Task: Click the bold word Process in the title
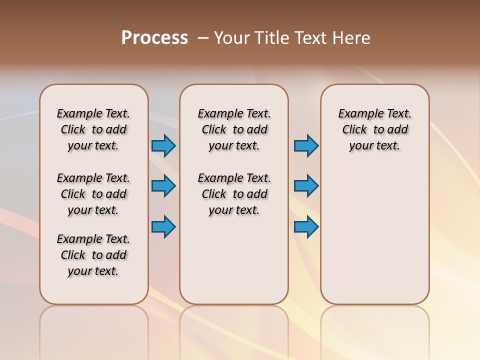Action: pyautogui.click(x=154, y=38)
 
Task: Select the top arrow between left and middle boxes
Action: pyautogui.click(x=164, y=146)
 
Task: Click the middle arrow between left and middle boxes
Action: pyautogui.click(x=164, y=186)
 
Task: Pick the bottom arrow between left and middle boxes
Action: pyautogui.click(x=164, y=227)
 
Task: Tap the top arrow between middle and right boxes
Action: pyautogui.click(x=306, y=146)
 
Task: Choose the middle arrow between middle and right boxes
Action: pyautogui.click(x=306, y=186)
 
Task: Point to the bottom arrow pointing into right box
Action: pyautogui.click(x=306, y=227)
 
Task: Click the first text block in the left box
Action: pyautogui.click(x=93, y=129)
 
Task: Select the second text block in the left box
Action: pyautogui.click(x=93, y=194)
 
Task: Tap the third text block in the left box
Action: pyautogui.click(x=93, y=255)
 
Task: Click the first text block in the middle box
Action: pyautogui.click(x=234, y=129)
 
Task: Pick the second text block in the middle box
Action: pyautogui.click(x=234, y=194)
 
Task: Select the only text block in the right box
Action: pyautogui.click(x=375, y=129)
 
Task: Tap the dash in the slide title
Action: pyautogui.click(x=203, y=38)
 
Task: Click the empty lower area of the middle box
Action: pyautogui.click(x=234, y=260)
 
